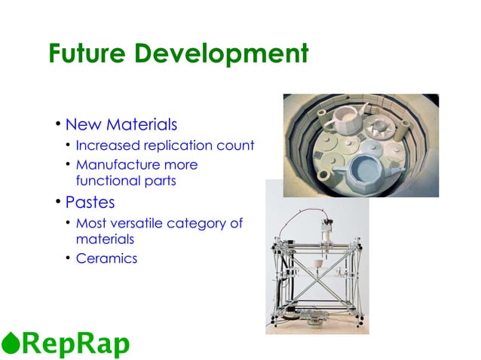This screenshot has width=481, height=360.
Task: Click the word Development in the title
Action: pyautogui.click(x=226, y=53)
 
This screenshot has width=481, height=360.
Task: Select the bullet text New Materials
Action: pyautogui.click(x=121, y=124)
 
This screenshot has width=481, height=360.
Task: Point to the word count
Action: pyautogui.click(x=236, y=145)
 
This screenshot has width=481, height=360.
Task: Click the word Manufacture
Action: pyautogui.click(x=116, y=164)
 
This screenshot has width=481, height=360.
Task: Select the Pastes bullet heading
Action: pyautogui.click(x=90, y=202)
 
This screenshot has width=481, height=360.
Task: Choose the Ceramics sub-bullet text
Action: pyautogui.click(x=107, y=259)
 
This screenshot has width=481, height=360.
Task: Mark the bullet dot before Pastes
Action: pyautogui.click(x=57, y=203)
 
